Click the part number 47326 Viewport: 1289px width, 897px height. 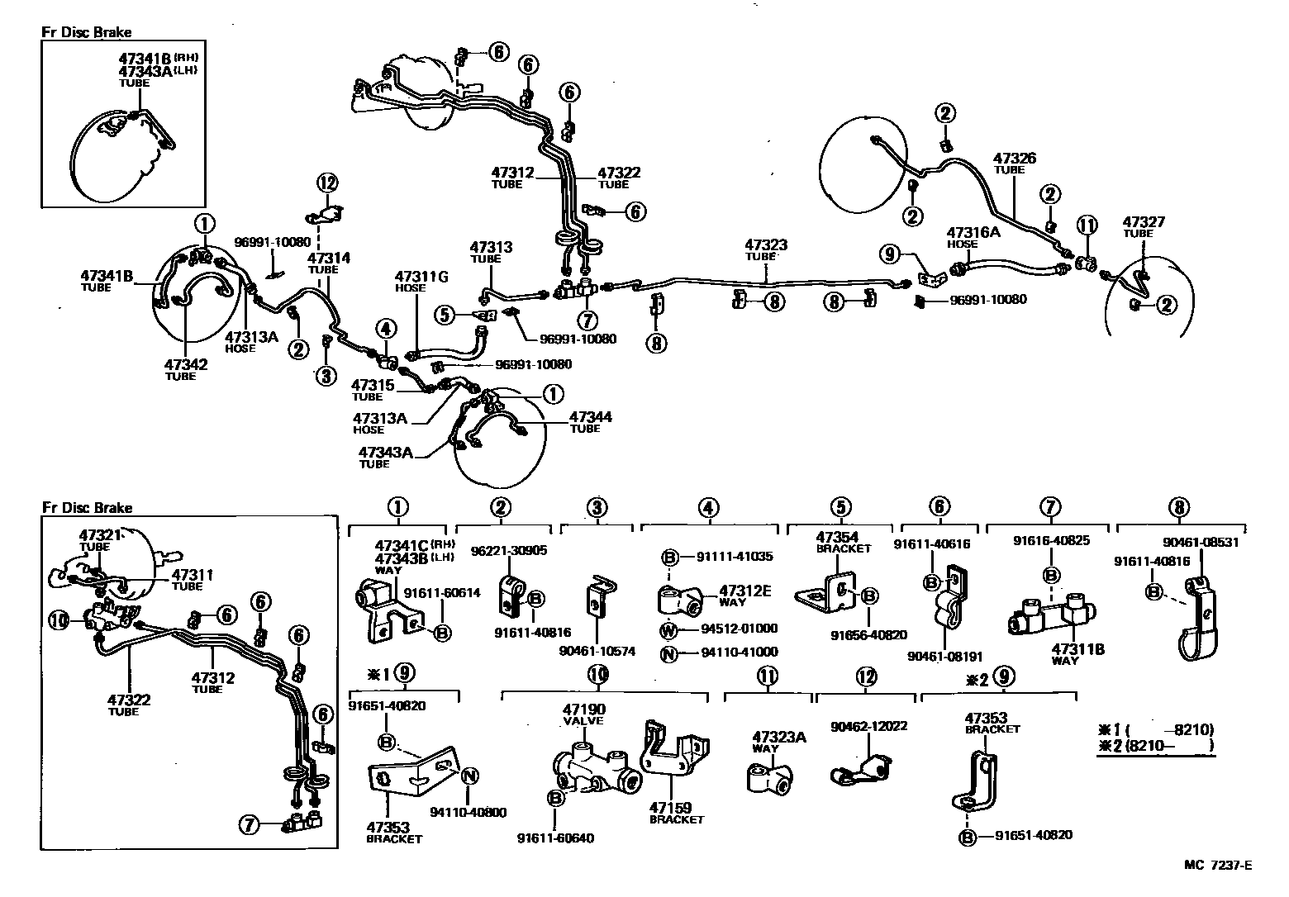[1014, 158]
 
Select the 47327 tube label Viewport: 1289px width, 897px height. [1144, 221]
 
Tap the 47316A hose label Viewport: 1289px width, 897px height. [973, 233]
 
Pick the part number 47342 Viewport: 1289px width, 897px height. [185, 364]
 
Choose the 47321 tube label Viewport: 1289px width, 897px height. [100, 535]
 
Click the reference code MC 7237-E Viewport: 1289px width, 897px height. [1217, 866]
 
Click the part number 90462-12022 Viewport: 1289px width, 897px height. [869, 726]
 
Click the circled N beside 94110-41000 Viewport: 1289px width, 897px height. [668, 653]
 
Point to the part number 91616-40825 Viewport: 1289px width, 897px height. [1051, 541]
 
